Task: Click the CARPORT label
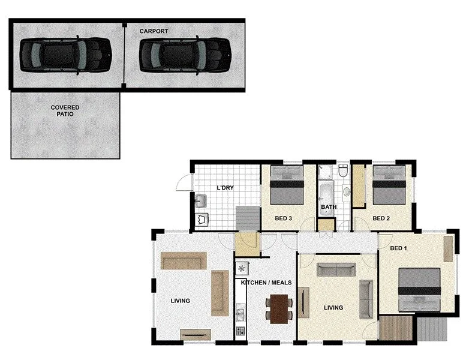tap(154, 31)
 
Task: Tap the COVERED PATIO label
tap(65, 110)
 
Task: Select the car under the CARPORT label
tap(185, 55)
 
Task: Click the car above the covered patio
tap(65, 55)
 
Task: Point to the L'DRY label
tap(225, 188)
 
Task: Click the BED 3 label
tap(283, 218)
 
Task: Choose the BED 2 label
tap(381, 218)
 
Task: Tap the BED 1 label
tap(398, 248)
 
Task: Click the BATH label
tap(329, 207)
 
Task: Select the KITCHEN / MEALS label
tap(266, 283)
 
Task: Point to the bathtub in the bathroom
tap(326, 199)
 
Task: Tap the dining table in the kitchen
tap(279, 308)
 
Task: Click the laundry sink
tap(202, 201)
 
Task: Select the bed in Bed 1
tap(419, 290)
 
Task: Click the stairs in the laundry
tap(248, 218)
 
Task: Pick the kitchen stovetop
tap(240, 331)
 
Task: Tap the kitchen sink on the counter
tap(240, 312)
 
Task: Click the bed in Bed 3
tap(287, 185)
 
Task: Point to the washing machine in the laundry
tap(202, 220)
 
